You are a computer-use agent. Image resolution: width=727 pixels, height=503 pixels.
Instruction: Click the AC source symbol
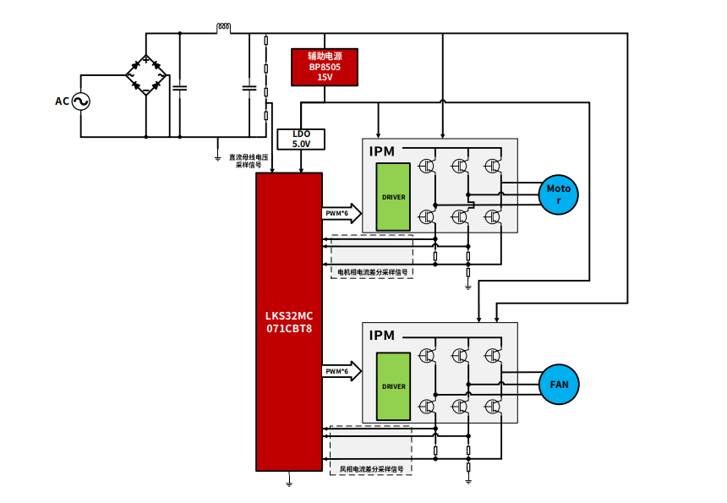(81, 101)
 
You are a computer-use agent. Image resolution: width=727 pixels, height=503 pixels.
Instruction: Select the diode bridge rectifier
(146, 75)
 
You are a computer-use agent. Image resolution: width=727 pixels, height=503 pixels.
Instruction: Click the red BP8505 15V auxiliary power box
(325, 67)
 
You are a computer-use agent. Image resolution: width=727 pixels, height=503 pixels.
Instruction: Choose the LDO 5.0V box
(301, 139)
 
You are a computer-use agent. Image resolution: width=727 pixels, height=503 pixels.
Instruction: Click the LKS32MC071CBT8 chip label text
(288, 322)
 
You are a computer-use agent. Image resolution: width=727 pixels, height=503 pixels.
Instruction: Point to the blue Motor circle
(559, 194)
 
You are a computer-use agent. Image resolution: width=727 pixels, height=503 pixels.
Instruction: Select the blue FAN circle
(559, 384)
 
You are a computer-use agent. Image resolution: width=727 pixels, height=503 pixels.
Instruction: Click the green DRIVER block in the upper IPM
(393, 197)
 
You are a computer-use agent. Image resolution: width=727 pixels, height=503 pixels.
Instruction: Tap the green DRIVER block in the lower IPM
(393, 386)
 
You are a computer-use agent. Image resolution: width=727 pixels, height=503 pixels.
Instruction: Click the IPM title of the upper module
(382, 151)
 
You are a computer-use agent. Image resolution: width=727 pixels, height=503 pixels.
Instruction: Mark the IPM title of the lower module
(382, 336)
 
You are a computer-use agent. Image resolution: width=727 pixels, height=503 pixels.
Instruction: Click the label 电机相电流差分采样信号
(372, 272)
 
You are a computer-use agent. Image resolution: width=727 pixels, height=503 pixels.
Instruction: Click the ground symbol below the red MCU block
(289, 481)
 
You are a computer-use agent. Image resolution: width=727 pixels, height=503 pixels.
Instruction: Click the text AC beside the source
(62, 101)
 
